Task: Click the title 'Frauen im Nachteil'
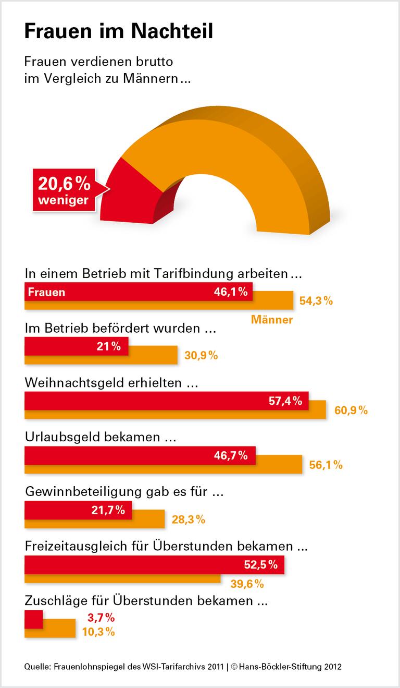pos(119,32)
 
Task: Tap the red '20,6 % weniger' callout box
pos(64,190)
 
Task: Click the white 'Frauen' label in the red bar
pos(46,292)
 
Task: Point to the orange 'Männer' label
pos(272,319)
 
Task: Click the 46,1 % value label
pos(230,292)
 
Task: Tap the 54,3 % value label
pos(316,301)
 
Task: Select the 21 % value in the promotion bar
pos(108,346)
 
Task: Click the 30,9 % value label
pos(201,356)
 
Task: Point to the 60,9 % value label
pos(351,411)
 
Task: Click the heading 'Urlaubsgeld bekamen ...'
pos(100,437)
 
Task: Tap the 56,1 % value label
pos(326,465)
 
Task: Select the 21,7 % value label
pos(108,510)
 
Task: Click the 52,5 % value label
pos(260,564)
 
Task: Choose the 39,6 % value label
pos(247,583)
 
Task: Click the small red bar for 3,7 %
pos(34,619)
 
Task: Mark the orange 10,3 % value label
pos(98,632)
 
